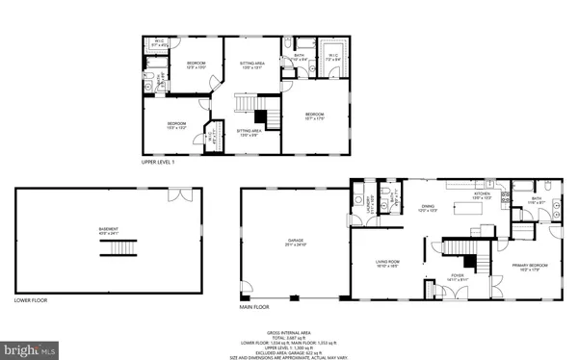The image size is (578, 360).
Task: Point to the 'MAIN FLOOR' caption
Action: click(253, 308)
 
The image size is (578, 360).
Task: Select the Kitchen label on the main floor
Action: click(482, 195)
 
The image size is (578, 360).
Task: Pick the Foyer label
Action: click(460, 275)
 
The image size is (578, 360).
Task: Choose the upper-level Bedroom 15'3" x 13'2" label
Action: click(176, 125)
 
